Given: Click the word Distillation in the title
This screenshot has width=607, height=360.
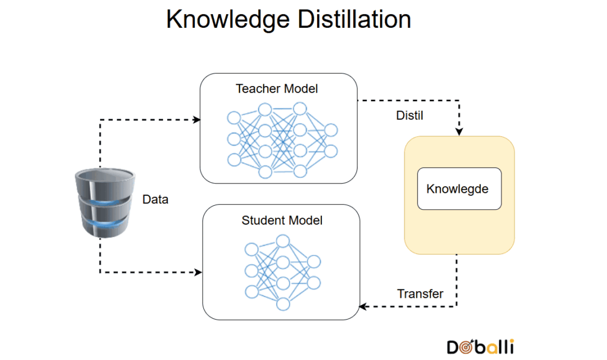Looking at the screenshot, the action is (354, 19).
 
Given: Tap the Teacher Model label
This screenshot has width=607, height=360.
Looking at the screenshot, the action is (277, 89).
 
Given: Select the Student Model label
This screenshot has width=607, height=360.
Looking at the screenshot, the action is (282, 221).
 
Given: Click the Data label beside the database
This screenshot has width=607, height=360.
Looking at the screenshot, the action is (155, 199).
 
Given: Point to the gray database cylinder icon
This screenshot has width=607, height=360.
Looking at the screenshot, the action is (105, 202).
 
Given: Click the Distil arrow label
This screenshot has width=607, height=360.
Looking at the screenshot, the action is (410, 116).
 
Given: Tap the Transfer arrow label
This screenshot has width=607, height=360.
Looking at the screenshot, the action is (420, 294).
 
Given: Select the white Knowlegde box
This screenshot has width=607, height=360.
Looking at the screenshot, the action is (459, 189).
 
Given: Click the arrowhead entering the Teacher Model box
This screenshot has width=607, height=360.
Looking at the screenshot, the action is (197, 120).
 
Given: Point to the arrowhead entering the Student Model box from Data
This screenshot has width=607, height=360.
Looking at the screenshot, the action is (198, 272).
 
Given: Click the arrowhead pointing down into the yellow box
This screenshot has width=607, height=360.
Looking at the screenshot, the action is (459, 132).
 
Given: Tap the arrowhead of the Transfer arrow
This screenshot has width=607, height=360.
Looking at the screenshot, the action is (363, 307).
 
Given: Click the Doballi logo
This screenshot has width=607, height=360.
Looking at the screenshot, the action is (480, 346).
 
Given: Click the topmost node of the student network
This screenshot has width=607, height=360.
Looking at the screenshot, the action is (283, 241).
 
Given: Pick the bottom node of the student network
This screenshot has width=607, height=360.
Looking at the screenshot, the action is (283, 304).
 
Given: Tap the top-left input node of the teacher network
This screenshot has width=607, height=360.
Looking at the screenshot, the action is (234, 118).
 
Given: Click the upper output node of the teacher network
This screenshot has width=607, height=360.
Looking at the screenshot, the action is (331, 130).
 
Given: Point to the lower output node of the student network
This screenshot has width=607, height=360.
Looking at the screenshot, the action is (314, 283).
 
